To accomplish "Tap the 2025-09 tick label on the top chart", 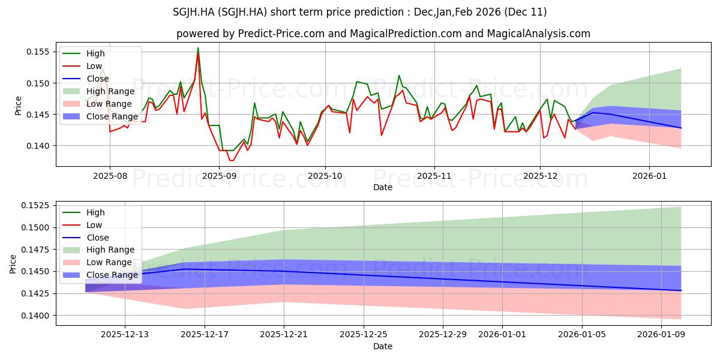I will click(218, 175).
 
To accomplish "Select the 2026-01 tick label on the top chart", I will click(649, 175).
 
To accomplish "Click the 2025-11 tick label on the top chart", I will click(434, 175).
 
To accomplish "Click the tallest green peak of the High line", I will click(198, 48).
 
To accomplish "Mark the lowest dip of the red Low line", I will click(232, 160).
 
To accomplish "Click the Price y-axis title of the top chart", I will click(18, 106).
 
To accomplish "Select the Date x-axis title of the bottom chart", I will click(383, 346).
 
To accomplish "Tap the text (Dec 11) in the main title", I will click(526, 12).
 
